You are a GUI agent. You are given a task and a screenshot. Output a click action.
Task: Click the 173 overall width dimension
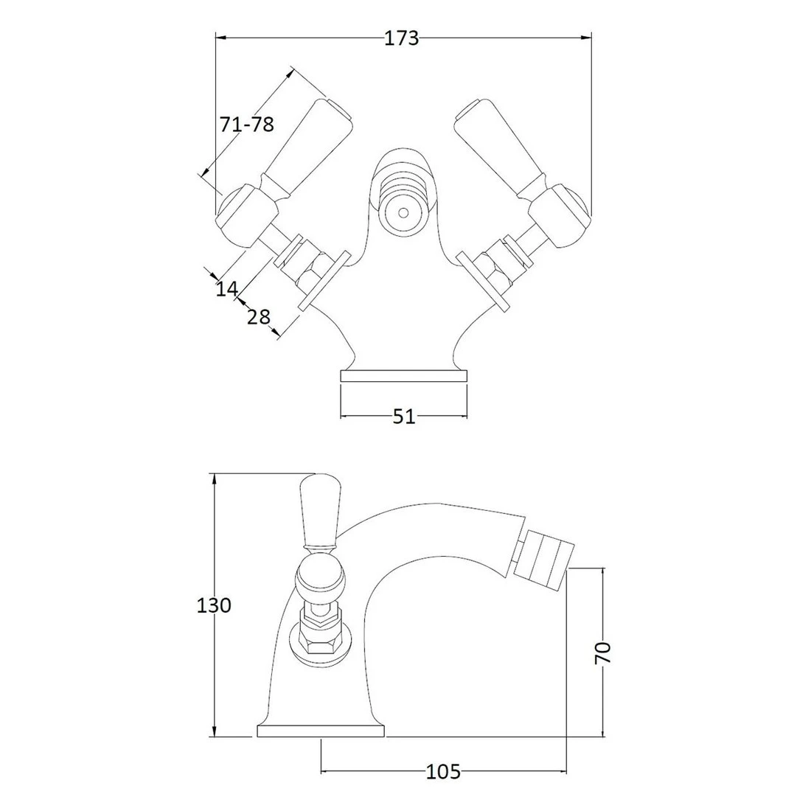[x=402, y=38]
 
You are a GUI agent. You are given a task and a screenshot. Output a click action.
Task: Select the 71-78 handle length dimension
[x=246, y=125]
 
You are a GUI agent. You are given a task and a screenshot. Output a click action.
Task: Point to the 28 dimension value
[x=257, y=317]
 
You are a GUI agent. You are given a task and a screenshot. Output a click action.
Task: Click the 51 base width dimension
[x=403, y=417]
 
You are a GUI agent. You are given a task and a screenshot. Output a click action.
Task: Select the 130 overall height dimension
[x=215, y=605]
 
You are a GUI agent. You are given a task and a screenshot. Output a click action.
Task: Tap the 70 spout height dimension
[x=603, y=652]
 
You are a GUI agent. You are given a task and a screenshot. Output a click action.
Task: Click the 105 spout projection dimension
[x=443, y=772]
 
